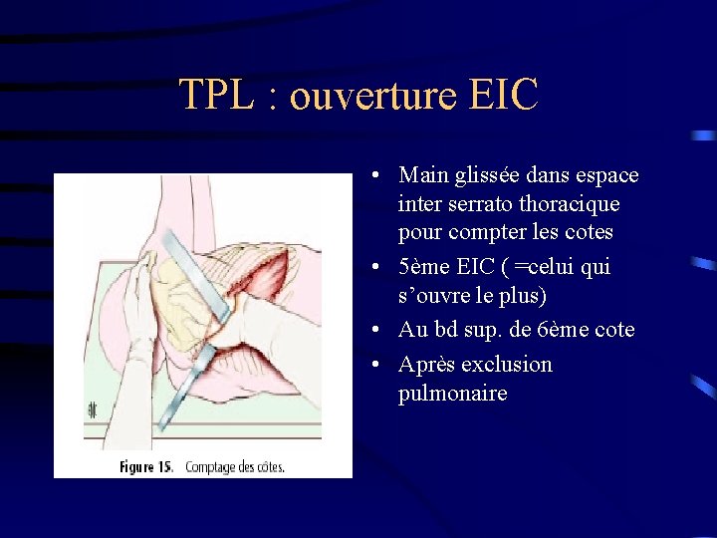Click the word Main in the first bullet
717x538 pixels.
(x=422, y=175)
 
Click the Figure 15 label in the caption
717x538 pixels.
(x=147, y=466)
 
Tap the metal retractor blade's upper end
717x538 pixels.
(x=168, y=239)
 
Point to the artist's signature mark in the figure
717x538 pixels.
(x=92, y=408)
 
